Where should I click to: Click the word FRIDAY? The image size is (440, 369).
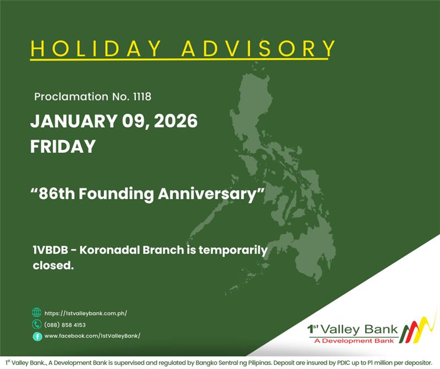(63, 146)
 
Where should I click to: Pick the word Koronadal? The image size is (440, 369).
(113, 251)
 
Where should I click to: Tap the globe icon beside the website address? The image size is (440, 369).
(37, 312)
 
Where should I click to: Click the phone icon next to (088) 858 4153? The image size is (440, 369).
(37, 324)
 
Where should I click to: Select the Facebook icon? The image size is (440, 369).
(37, 336)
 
